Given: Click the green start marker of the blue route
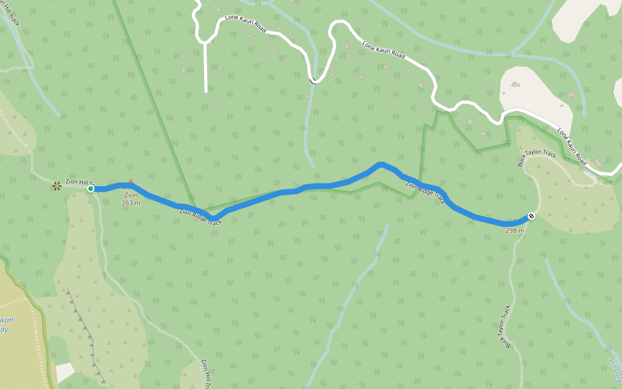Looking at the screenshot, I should coord(91,189).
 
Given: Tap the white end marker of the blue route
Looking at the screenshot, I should coord(531,216).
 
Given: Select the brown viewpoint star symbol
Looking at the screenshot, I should coord(57,186).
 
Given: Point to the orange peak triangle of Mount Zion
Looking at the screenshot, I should coord(130,182).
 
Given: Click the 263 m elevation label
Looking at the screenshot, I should coord(131,202).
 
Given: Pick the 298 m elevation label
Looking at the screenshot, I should coord(514,230).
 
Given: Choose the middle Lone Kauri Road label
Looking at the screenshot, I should coord(384,51).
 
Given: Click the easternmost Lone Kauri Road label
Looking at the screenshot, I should coord(571,145).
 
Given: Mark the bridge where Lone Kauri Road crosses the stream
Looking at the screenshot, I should coord(314,81).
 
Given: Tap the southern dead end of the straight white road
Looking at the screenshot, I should coord(206,91).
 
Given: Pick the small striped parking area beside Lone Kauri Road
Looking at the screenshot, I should coord(590,174).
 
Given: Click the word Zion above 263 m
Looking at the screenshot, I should coord(131,194).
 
